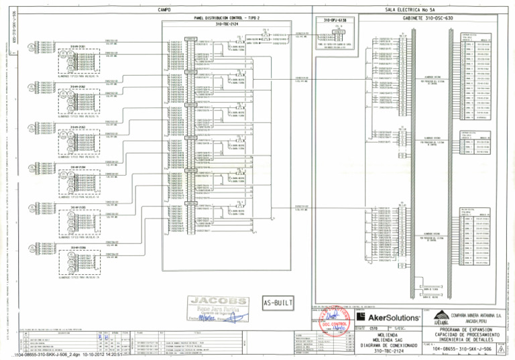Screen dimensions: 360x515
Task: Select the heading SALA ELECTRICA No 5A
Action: coord(409,9)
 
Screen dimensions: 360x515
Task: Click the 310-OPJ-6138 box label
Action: coord(335,21)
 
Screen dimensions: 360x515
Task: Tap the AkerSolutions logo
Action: coord(389,316)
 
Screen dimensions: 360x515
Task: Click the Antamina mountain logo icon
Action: coord(443,316)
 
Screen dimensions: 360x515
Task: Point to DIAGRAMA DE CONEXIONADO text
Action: coord(388,346)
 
